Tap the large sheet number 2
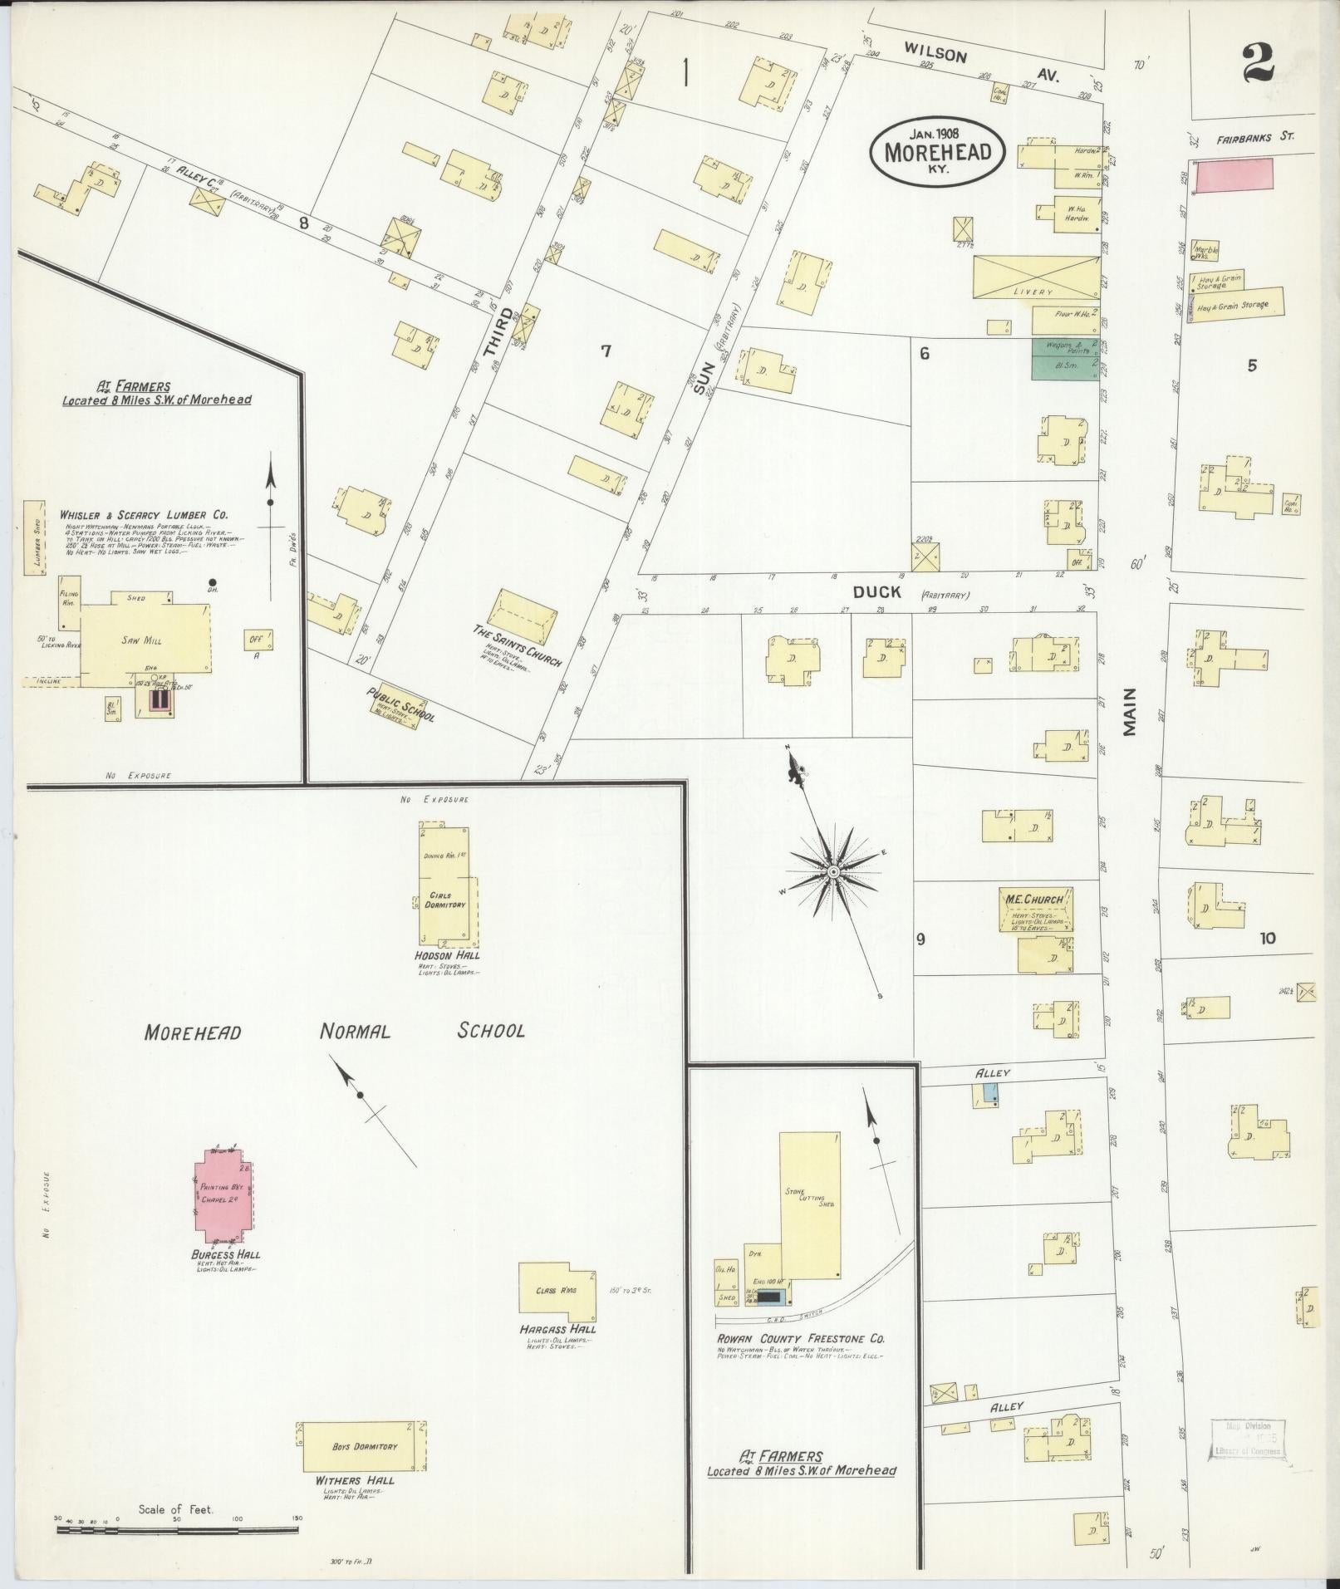tap(1259, 63)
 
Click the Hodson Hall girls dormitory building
tap(449, 885)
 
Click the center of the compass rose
tap(832, 871)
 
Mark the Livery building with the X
tap(1034, 277)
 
